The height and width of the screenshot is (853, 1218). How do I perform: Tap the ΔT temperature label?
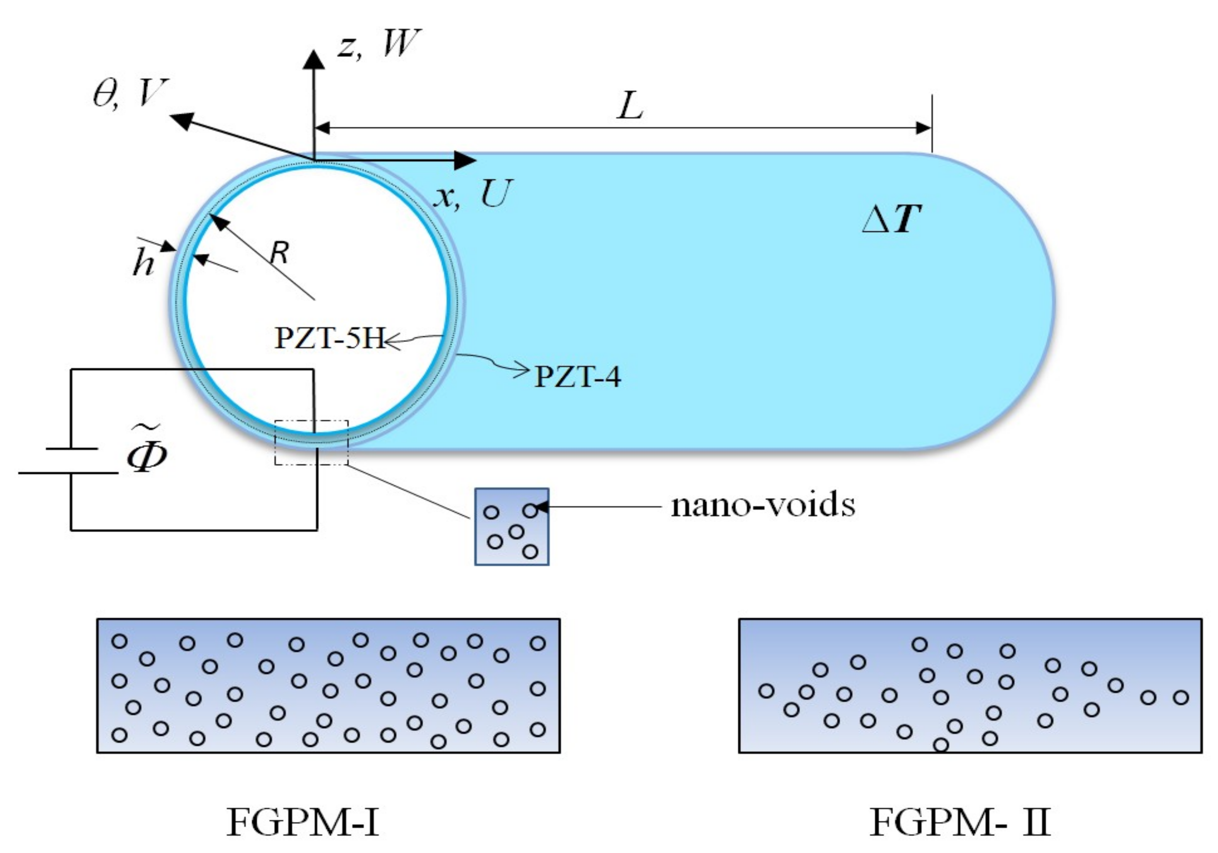pos(891,219)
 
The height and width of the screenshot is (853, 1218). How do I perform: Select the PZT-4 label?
pos(577,377)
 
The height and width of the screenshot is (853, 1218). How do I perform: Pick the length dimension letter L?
pos(630,106)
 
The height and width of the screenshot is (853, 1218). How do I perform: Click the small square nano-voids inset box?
pos(511,527)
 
